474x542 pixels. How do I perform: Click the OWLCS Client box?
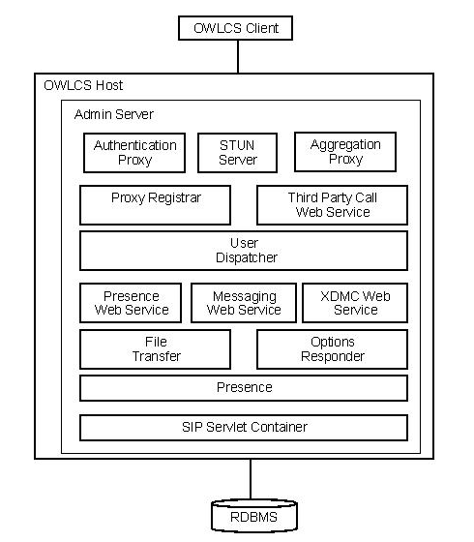click(238, 28)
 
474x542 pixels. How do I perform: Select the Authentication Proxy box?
click(135, 152)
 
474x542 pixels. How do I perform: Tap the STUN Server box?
click(238, 152)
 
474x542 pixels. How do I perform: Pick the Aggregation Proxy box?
click(345, 152)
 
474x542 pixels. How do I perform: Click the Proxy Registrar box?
click(155, 204)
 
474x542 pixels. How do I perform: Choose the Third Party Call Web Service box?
click(332, 204)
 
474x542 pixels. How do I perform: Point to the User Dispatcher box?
click(243, 251)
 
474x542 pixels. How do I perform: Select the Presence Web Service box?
click(132, 303)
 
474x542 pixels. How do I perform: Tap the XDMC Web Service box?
click(355, 303)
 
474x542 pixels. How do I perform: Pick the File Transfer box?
click(155, 348)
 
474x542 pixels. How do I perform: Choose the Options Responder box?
click(332, 348)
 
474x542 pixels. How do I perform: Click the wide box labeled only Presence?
click(243, 388)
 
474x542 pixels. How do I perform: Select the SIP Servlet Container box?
click(243, 427)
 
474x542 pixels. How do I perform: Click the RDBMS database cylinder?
click(253, 516)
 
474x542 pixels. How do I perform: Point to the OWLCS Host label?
click(83, 86)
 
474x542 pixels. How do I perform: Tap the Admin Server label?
click(113, 115)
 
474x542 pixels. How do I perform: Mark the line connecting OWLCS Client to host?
click(238, 56)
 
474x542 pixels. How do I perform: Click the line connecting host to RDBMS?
click(252, 478)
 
